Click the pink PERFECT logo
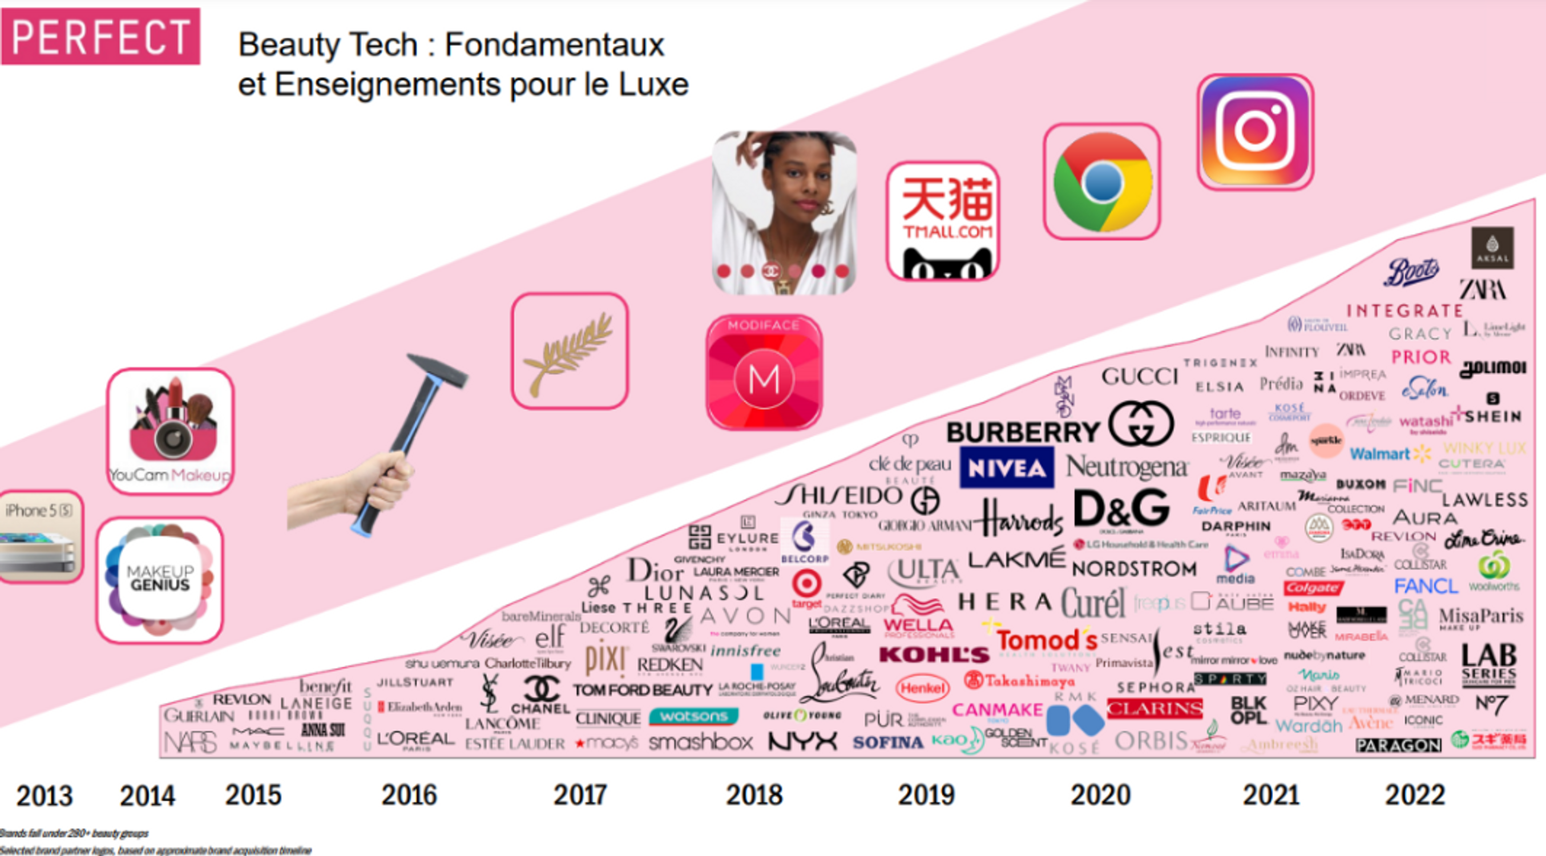(x=100, y=36)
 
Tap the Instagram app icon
(x=1255, y=131)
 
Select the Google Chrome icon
(x=1102, y=181)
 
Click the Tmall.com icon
(x=943, y=221)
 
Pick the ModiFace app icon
(x=764, y=373)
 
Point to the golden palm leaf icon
(x=570, y=351)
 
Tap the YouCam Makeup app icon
(x=171, y=430)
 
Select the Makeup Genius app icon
(x=160, y=579)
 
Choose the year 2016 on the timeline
(x=409, y=796)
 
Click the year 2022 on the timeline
(x=1415, y=796)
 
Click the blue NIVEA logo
(x=1007, y=467)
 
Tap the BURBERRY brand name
(x=1022, y=432)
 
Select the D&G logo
(x=1121, y=508)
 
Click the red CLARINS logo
(x=1154, y=709)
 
